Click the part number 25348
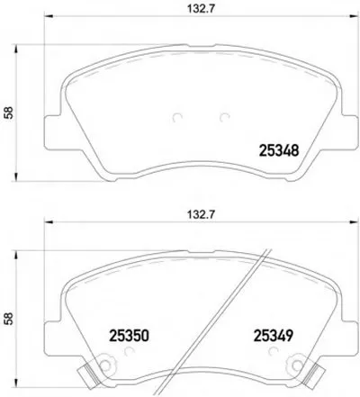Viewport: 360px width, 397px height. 279,150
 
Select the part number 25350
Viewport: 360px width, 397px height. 129,336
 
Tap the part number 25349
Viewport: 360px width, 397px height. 274,336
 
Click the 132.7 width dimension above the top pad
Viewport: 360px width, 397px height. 202,9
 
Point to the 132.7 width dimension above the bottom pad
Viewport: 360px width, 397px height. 202,215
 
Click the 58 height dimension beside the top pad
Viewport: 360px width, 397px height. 9,113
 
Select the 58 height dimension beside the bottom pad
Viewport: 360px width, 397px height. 9,319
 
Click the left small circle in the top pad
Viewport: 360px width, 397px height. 177,118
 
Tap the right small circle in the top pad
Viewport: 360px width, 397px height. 224,118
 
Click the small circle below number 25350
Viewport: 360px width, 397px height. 130,351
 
